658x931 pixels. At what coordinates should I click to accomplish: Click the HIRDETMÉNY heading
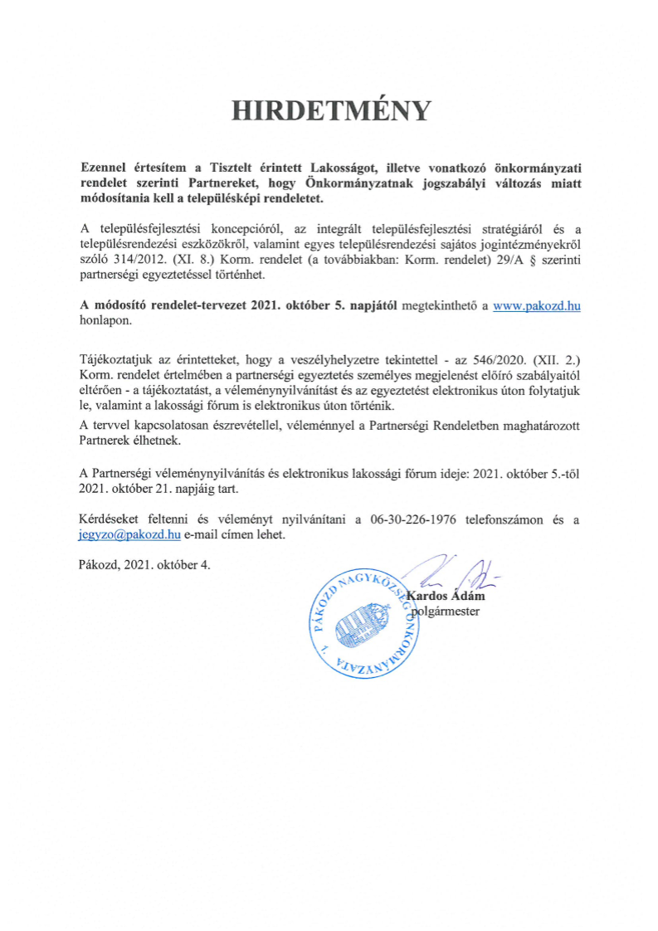[x=331, y=110]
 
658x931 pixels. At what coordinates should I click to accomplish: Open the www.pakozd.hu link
[x=536, y=306]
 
